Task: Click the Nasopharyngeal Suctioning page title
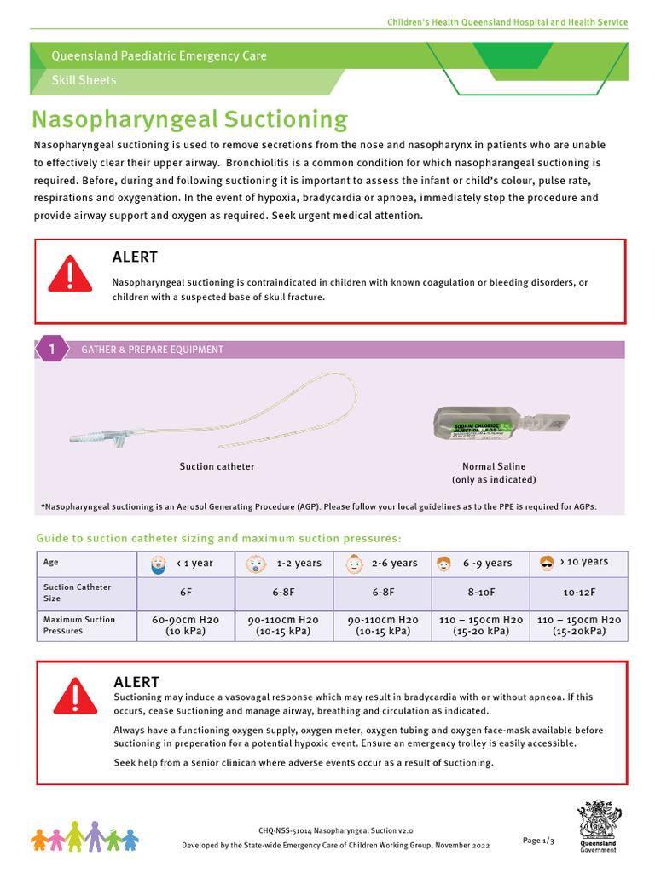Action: pos(189,119)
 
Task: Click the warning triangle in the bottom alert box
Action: pos(75,697)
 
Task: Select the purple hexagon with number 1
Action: pos(52,349)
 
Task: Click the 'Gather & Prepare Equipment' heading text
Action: pos(152,350)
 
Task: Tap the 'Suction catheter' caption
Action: pos(217,466)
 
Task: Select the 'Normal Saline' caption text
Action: pos(494,466)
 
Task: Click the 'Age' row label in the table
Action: pos(51,563)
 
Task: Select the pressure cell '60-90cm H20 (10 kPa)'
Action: pos(186,625)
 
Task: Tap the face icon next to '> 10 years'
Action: pos(548,563)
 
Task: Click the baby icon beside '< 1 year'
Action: pos(157,564)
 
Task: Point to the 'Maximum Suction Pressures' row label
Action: pos(78,625)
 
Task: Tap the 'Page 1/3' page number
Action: pos(538,841)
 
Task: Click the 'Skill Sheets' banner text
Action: pos(84,80)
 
